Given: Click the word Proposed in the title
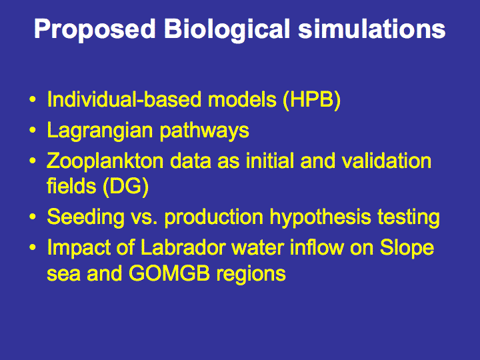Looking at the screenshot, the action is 95,30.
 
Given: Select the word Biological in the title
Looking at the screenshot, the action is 227,30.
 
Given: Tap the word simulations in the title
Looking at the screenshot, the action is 371,29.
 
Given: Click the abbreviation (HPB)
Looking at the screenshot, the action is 311,100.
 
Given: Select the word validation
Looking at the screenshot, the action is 387,161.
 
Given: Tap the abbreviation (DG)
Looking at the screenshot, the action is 125,187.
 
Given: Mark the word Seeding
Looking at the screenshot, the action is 86,218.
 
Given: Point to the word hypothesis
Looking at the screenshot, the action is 320,218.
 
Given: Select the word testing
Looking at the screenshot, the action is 409,218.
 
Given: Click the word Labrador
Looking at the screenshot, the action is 183,247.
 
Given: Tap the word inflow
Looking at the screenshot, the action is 316,247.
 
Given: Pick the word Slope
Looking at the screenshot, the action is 407,248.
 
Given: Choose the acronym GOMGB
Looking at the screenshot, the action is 169,273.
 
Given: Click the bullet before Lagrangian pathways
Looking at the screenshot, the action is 33,130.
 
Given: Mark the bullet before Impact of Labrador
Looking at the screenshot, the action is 33,247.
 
